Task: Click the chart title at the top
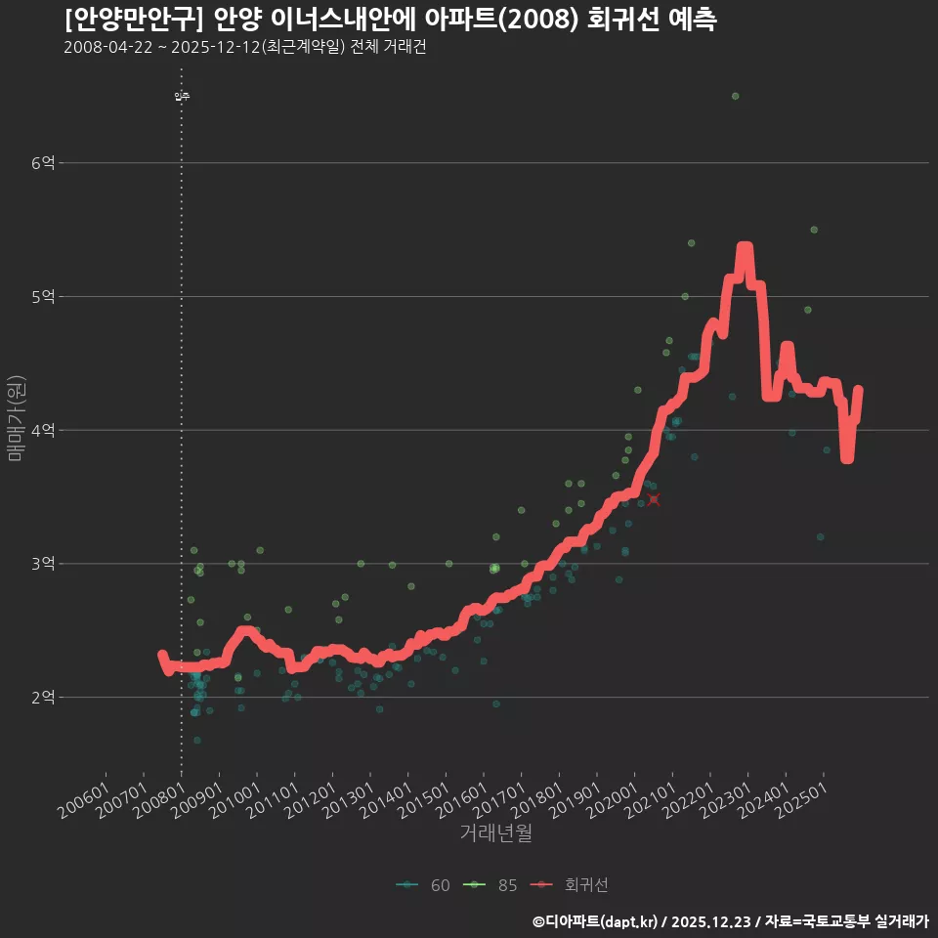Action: (x=391, y=20)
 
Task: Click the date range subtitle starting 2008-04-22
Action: (x=244, y=47)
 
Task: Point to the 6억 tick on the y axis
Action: (x=43, y=163)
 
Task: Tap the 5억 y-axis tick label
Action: (x=43, y=296)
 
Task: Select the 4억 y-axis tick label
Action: (x=43, y=430)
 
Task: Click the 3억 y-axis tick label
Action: (x=43, y=564)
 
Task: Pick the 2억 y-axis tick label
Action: (x=43, y=698)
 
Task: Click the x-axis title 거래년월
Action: (x=495, y=833)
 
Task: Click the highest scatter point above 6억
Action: (x=735, y=96)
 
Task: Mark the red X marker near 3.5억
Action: (x=654, y=499)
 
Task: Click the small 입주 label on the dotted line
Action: (x=182, y=97)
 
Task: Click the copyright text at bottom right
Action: (x=730, y=921)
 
